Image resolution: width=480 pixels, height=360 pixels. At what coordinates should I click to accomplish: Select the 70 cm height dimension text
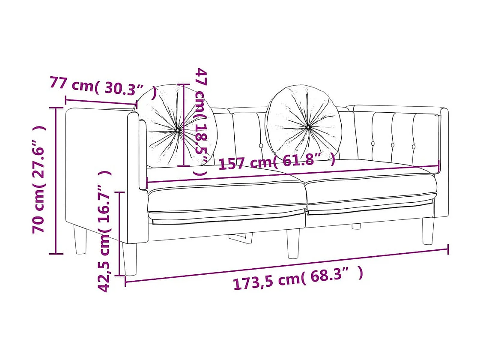coord(39,180)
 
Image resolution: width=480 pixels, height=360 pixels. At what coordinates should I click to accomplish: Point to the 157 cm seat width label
coord(277,162)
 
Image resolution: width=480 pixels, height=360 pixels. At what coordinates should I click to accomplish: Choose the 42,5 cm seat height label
coord(105,231)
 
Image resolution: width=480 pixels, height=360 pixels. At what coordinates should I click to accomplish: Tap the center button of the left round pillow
coord(178,129)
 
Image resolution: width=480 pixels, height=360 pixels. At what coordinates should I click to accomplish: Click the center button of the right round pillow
coord(308,127)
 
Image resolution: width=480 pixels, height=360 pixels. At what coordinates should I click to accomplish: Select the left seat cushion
coord(227,197)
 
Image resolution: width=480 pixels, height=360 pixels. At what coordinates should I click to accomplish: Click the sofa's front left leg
coord(129,258)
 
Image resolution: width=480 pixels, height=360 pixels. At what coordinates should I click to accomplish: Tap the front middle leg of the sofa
coord(293,243)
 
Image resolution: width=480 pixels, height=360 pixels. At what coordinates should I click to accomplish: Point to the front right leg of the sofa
coord(428,231)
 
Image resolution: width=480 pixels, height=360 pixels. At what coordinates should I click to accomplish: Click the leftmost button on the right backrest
coord(373,144)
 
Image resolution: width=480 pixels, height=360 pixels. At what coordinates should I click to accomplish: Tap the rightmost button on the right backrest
coord(414,147)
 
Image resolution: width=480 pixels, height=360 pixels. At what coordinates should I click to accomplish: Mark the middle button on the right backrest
coord(393,145)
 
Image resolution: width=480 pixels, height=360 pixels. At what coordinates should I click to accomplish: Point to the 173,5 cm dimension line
coord(287,265)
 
